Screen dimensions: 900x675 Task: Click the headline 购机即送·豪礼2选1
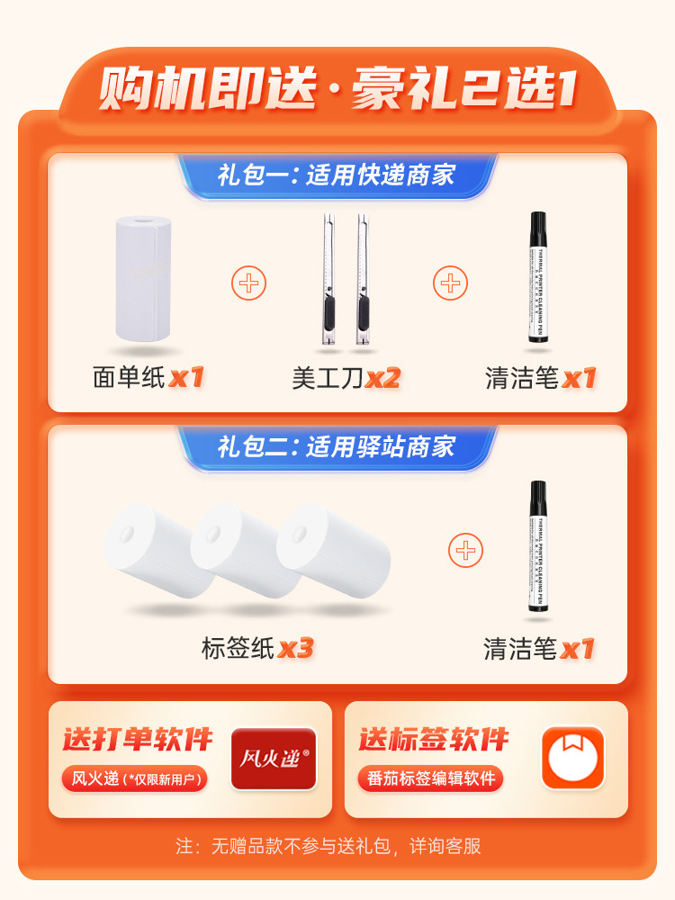click(x=337, y=90)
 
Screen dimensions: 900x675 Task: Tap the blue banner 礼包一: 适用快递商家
click(x=337, y=175)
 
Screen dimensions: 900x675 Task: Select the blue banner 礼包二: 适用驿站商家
click(x=337, y=446)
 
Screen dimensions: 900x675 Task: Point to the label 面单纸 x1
click(x=148, y=377)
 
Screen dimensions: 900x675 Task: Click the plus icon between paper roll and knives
click(x=249, y=284)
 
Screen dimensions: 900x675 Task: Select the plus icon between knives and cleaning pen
click(x=450, y=284)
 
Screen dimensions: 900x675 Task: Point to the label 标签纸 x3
click(x=256, y=648)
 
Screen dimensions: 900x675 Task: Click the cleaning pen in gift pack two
click(x=538, y=547)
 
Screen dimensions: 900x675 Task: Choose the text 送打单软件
click(x=138, y=740)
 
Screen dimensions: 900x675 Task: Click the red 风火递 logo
click(x=274, y=759)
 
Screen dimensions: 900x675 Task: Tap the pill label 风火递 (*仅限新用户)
click(x=134, y=778)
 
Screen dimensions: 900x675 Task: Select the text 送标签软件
click(x=434, y=740)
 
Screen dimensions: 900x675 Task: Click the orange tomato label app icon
click(x=571, y=758)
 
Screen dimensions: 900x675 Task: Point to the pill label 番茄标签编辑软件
click(x=429, y=778)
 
